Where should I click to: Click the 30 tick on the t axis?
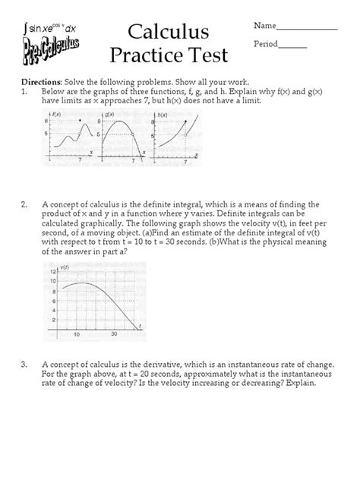114,335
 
